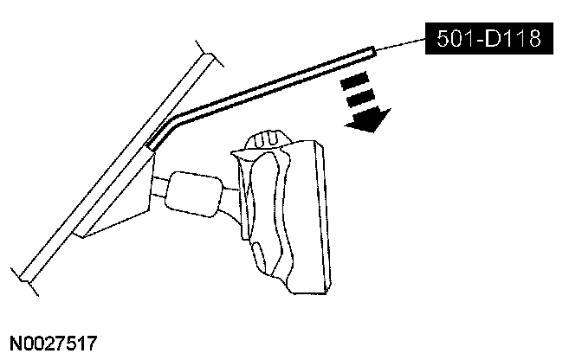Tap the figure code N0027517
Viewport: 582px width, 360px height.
(x=54, y=344)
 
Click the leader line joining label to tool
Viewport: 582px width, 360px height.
(x=400, y=45)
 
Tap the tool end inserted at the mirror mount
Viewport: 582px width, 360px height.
(x=151, y=143)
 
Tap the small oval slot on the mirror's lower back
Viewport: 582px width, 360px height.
(x=259, y=254)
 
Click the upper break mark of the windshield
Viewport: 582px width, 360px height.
(x=204, y=48)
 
